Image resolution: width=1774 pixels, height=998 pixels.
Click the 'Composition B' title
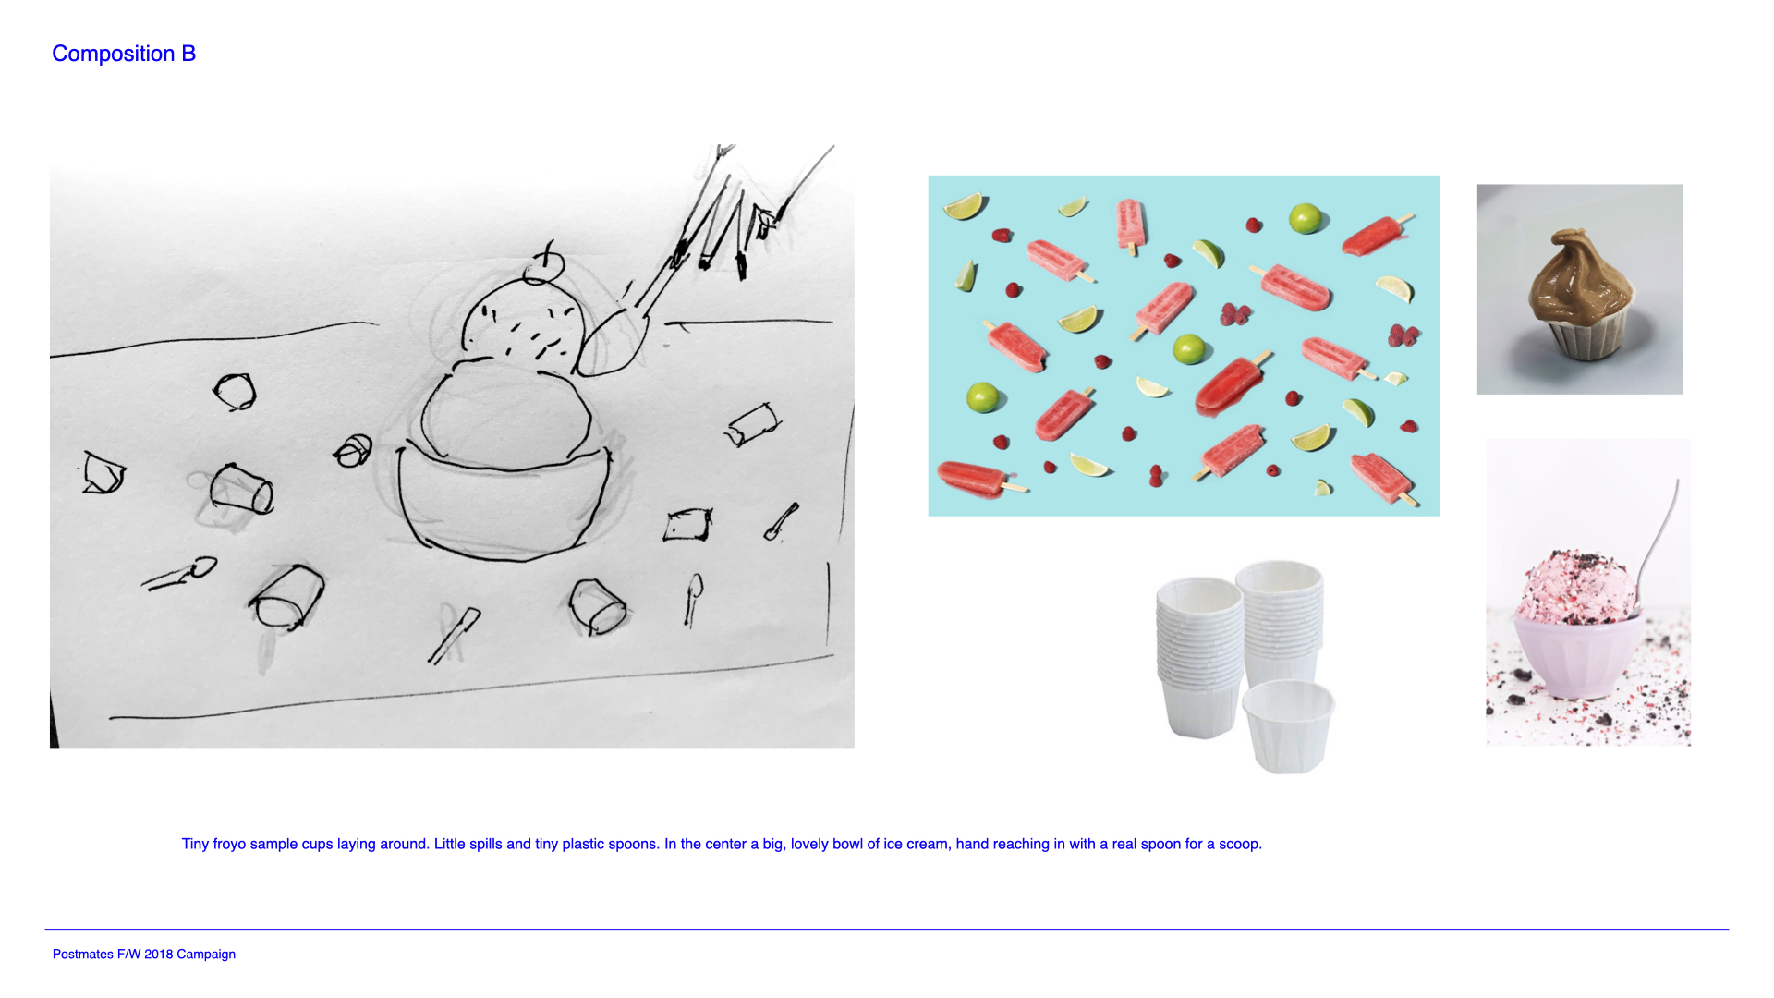click(124, 54)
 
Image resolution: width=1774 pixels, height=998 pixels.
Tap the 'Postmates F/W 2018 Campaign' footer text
click(144, 954)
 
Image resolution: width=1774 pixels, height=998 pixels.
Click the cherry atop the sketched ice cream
click(543, 267)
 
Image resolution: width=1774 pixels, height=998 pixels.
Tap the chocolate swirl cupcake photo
click(1579, 289)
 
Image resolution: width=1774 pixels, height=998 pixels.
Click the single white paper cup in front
click(1289, 726)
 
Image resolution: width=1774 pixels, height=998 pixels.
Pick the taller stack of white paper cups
click(1279, 628)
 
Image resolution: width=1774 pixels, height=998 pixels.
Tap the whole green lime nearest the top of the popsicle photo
click(1306, 219)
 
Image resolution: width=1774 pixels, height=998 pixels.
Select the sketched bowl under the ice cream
click(504, 499)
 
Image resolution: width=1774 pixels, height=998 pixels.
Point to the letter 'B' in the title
click(188, 54)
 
